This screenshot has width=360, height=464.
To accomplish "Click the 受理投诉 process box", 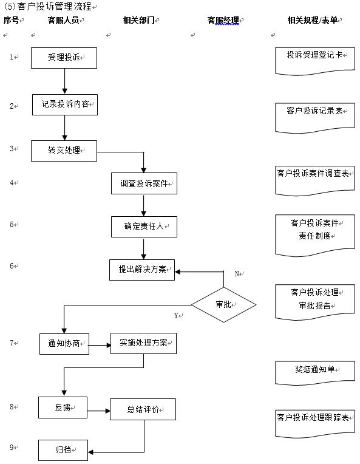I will coord(64,58).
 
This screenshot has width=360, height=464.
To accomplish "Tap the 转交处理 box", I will coord(64,151).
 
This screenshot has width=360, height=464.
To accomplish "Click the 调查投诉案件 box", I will coord(144,183).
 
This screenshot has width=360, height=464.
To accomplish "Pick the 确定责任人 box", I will coord(143,227).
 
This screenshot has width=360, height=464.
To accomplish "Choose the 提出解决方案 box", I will coord(141,269).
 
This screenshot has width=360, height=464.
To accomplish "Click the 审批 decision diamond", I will coord(223,304).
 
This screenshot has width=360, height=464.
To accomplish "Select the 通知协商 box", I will coord(64,344).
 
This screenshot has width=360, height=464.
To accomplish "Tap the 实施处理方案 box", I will coord(143,343).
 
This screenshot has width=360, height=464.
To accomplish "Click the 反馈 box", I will coord(63,407).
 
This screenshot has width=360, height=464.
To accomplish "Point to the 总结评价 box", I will coord(143,409).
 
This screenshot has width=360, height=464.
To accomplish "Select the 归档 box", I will coord(63,450).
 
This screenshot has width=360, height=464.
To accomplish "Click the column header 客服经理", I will coord(222,20).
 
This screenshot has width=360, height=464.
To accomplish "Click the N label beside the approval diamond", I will coord(237,274).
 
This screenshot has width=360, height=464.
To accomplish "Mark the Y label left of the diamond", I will coord(177,315).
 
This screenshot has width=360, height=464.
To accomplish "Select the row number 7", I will coord(12,343).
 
